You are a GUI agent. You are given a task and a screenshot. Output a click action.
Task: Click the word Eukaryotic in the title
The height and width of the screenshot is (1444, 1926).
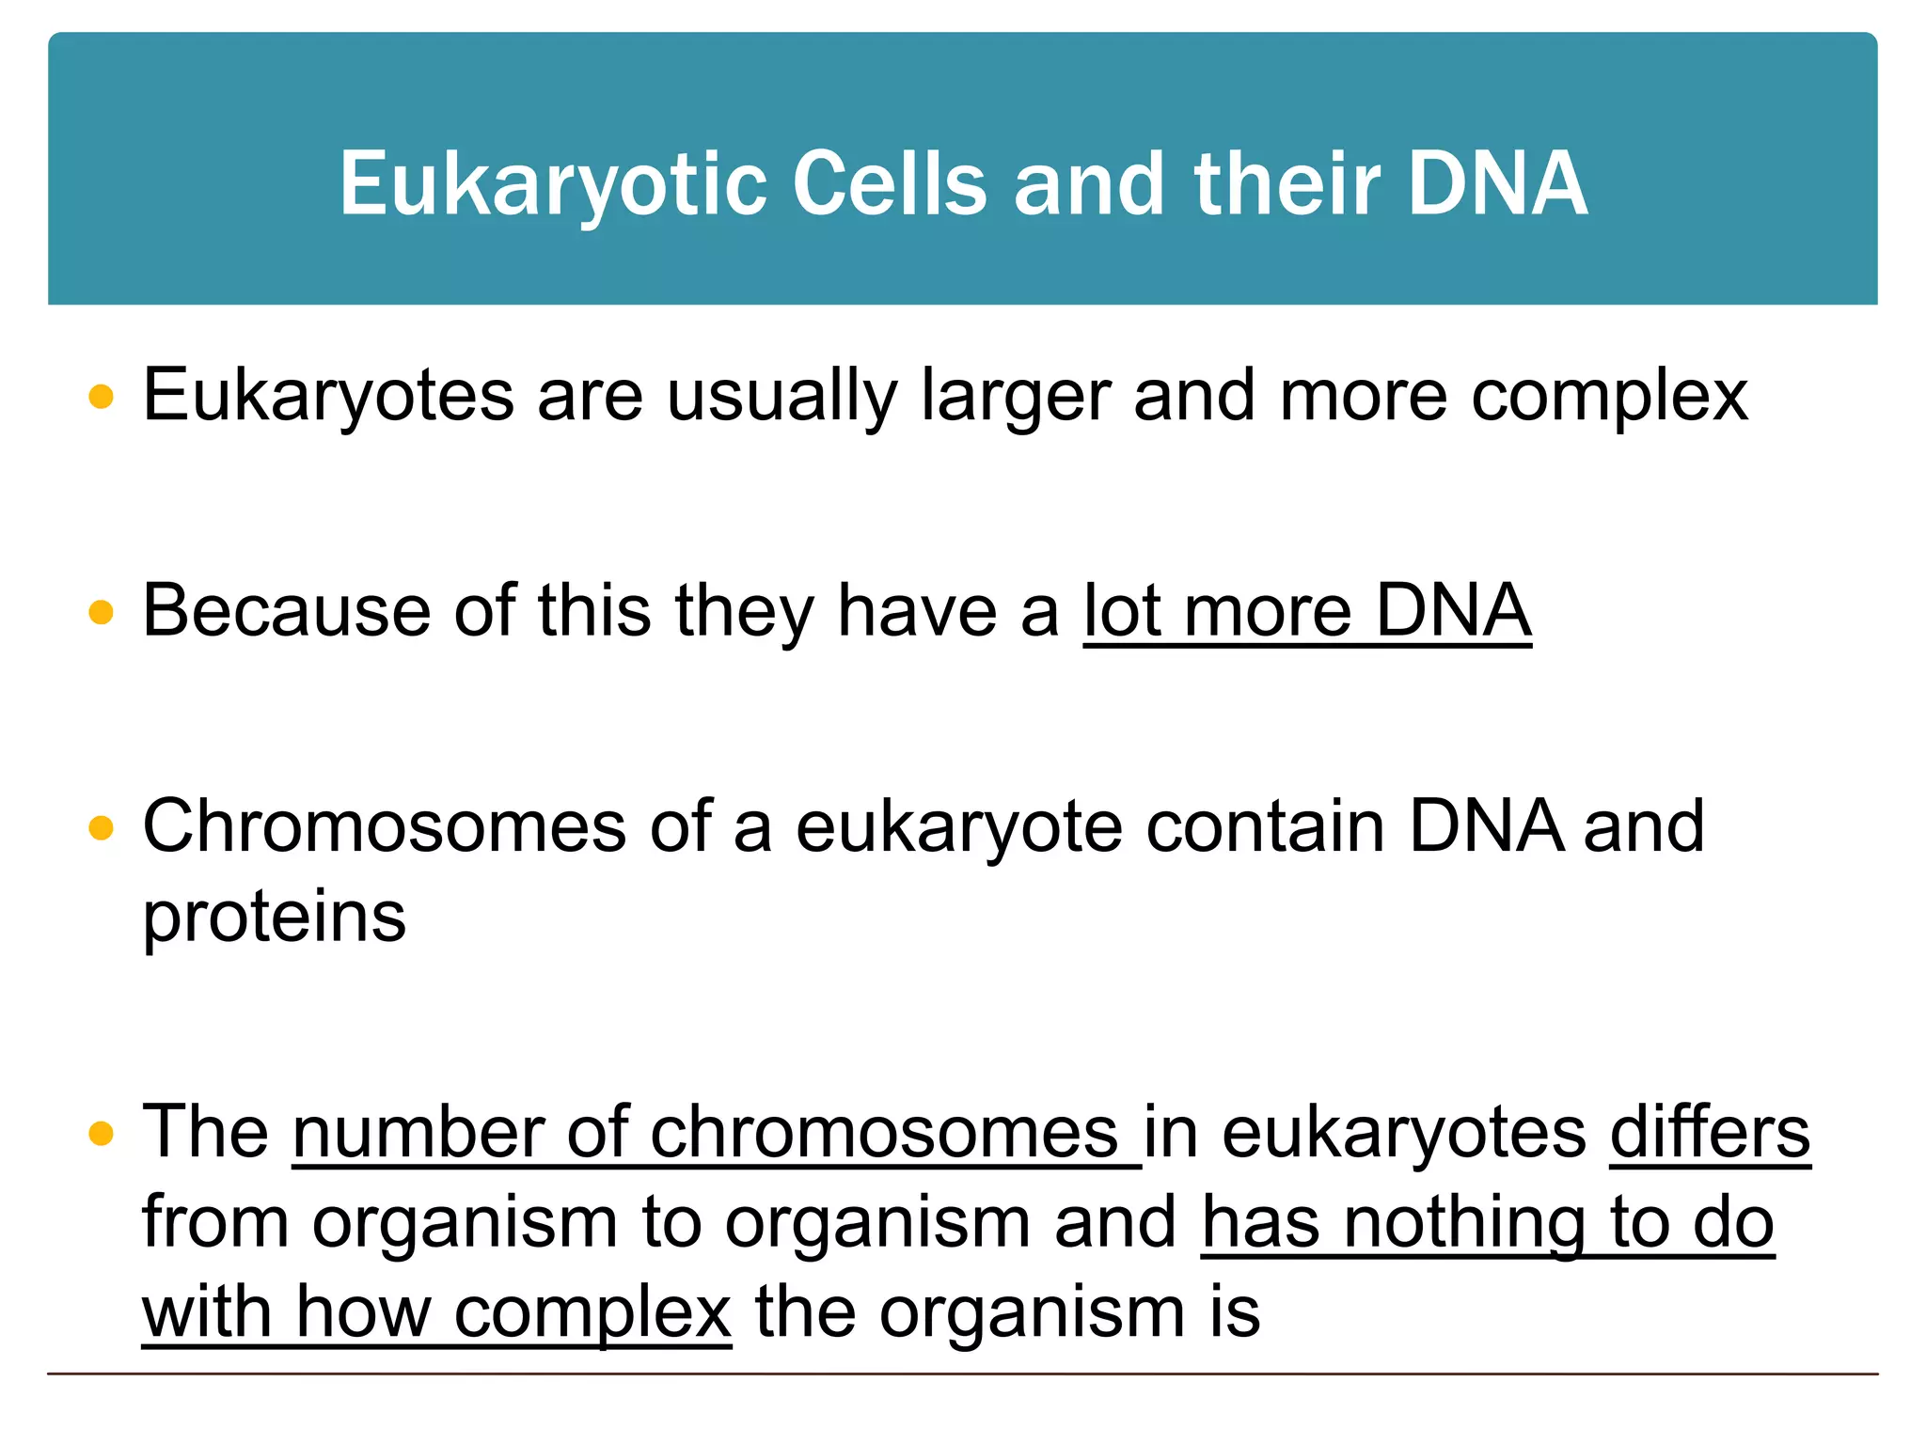[x=553, y=184]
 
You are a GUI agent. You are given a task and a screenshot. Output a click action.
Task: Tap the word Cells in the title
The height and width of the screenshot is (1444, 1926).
[x=890, y=184]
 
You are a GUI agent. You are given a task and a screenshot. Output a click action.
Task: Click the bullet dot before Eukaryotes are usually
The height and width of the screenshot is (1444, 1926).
[x=101, y=397]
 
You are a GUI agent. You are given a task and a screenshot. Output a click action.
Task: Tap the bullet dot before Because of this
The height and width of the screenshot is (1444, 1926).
[x=101, y=613]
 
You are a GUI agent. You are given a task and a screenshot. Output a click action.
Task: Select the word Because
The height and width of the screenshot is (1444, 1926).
[x=287, y=611]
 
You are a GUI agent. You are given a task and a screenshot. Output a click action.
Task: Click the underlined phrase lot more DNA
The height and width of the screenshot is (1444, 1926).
[x=1307, y=611]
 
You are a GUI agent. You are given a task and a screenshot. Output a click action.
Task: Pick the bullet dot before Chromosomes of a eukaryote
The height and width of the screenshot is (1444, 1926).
[x=101, y=828]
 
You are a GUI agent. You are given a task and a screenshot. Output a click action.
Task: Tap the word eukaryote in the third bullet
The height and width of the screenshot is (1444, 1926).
[x=959, y=826]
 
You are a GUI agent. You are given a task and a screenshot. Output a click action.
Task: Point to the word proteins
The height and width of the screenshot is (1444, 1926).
[x=274, y=917]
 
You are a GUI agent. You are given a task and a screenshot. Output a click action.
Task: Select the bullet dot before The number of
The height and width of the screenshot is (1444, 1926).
[x=101, y=1134]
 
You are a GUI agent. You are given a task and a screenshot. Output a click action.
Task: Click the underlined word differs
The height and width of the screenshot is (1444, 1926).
[x=1710, y=1132]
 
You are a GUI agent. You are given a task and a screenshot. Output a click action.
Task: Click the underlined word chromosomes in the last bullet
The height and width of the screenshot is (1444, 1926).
[x=884, y=1132]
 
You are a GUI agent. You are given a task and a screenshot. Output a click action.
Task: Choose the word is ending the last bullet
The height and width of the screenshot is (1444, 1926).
[x=1235, y=1312]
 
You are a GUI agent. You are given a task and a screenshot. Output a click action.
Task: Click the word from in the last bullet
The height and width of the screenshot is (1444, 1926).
[x=215, y=1222]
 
